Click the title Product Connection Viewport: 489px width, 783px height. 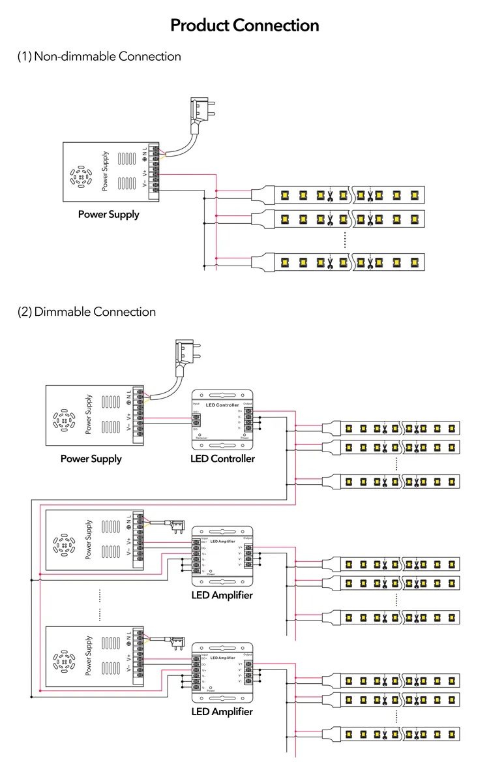click(244, 25)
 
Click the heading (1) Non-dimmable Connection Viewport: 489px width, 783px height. click(99, 56)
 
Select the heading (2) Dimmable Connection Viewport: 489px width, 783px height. click(87, 311)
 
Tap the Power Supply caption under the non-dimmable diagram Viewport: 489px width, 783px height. click(109, 214)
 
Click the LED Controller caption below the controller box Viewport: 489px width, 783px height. click(222, 459)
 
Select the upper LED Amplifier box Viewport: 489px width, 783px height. click(222, 555)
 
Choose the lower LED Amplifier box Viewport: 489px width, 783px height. click(222, 672)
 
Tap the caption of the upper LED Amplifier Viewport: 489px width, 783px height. click(222, 595)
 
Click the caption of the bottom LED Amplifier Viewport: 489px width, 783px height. click(222, 712)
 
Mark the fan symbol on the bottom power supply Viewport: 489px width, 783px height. click(65, 661)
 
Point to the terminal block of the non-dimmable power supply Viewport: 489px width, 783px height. click(155, 168)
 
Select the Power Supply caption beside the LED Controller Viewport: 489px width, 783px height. click(91, 459)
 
